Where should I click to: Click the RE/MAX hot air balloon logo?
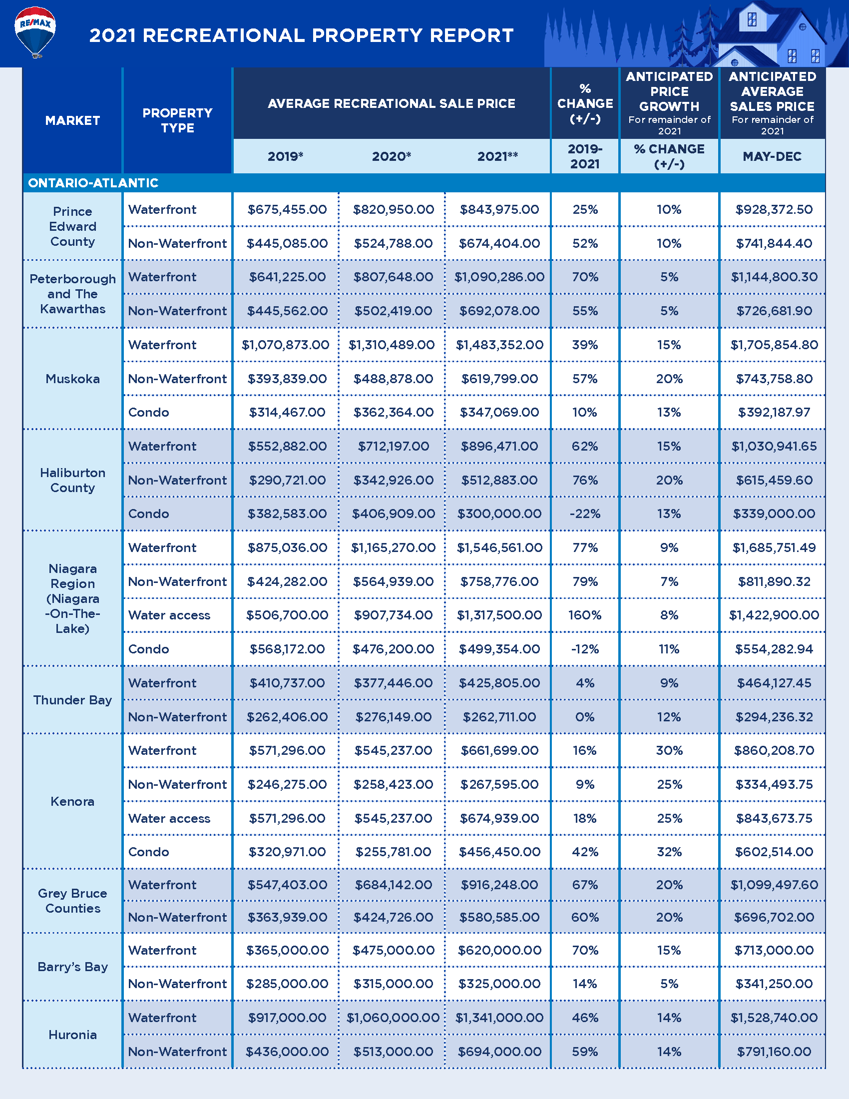(35, 31)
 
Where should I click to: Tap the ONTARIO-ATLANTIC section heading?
(93, 183)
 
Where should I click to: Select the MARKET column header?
(72, 121)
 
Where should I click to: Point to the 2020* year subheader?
(392, 156)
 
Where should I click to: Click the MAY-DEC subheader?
(772, 156)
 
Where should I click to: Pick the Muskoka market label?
(72, 379)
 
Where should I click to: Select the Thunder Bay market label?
(72, 700)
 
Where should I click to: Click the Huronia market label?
(72, 1035)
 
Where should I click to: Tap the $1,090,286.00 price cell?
(499, 277)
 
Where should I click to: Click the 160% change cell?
(585, 615)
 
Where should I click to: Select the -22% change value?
(585, 514)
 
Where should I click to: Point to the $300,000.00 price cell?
(499, 514)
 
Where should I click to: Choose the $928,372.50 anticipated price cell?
(774, 209)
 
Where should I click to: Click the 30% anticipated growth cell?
(669, 750)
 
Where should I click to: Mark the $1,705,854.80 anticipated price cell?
(774, 345)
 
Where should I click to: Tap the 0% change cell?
(585, 716)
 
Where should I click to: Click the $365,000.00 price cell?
(287, 950)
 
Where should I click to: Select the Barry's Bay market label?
(72, 967)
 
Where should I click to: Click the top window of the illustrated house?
(752, 19)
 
